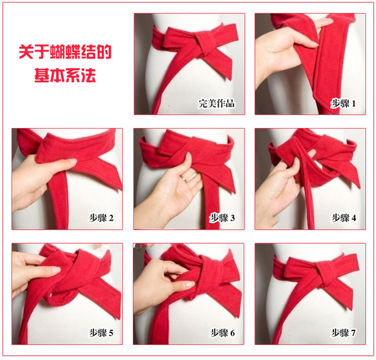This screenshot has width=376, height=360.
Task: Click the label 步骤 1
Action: click(x=343, y=103)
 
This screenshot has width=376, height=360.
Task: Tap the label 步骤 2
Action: click(x=101, y=218)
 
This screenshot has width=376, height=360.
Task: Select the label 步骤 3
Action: click(x=222, y=218)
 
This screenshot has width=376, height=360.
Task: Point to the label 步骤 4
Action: click(x=343, y=218)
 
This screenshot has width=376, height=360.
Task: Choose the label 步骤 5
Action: click(x=101, y=333)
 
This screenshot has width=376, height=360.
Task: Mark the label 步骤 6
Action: click(x=222, y=333)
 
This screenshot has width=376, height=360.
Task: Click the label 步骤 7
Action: click(x=343, y=333)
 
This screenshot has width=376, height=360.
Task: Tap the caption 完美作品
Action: click(x=216, y=103)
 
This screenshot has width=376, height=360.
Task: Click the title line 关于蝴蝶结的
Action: click(x=65, y=51)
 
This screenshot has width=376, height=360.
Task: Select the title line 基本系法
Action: click(x=65, y=75)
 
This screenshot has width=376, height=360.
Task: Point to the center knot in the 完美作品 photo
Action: click(x=203, y=45)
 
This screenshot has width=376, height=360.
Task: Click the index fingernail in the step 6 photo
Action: click(x=189, y=285)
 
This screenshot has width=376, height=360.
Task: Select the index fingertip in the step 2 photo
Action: click(x=72, y=162)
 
